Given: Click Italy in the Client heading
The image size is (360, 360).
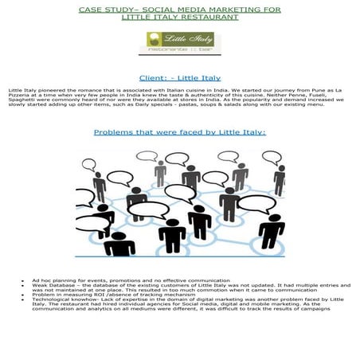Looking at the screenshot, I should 209,79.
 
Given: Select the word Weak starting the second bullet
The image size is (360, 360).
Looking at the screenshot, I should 38,286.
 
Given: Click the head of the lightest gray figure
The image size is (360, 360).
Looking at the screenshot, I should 160,166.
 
